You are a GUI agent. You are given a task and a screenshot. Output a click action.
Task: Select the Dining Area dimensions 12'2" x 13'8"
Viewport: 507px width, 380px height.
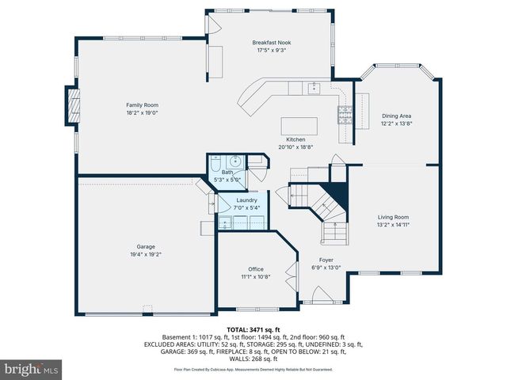tap(397, 123)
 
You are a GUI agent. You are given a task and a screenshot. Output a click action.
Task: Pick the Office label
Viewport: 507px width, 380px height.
tap(256, 269)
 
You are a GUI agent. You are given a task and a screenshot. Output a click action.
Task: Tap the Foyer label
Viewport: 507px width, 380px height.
tap(326, 260)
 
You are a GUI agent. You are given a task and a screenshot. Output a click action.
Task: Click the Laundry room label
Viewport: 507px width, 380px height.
tap(247, 201)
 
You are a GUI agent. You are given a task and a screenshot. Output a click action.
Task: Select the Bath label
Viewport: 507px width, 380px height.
tap(227, 172)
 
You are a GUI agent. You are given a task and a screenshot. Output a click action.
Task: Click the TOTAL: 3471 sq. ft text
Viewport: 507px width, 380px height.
tap(253, 329)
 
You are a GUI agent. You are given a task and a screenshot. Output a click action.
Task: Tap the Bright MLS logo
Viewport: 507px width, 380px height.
tap(32, 369)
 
